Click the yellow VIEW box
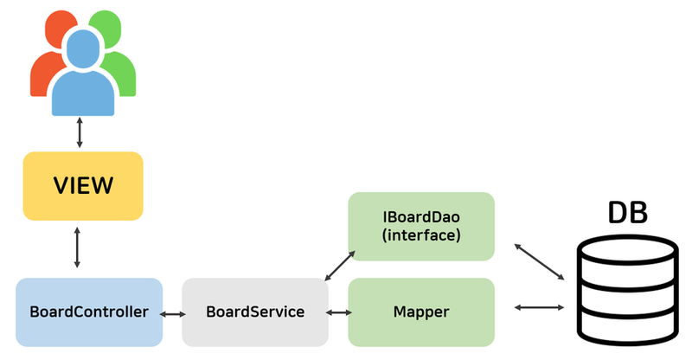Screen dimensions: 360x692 click(83, 186)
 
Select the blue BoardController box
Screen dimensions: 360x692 click(89, 312)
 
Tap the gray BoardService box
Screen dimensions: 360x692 click(255, 312)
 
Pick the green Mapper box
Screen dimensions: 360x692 click(421, 312)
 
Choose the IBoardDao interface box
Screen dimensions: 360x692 click(421, 226)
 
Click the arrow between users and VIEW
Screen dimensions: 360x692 click(80, 132)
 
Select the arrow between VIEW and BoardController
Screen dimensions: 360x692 click(78, 247)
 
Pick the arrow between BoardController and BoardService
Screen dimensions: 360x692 click(172, 313)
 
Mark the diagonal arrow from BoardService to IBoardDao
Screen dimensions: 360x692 click(338, 265)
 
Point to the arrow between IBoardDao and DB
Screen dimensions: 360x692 click(540, 260)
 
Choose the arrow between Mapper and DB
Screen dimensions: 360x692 click(540, 307)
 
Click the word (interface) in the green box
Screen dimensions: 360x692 click(421, 235)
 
